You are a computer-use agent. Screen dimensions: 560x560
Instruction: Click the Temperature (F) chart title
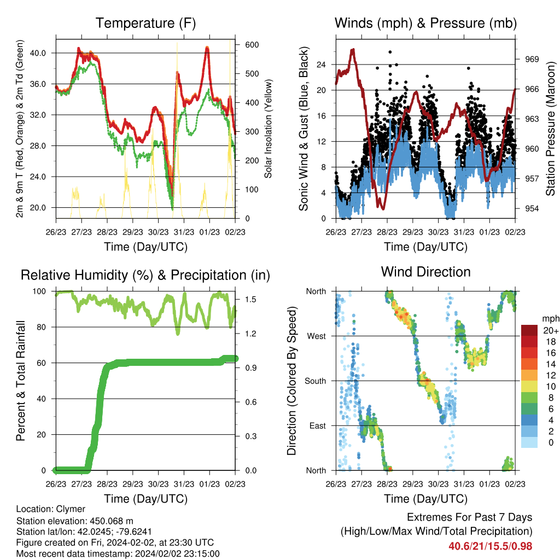click(145, 23)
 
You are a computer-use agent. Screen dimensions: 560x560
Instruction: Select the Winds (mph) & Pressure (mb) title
click(425, 23)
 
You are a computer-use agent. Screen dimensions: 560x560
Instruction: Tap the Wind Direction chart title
click(425, 272)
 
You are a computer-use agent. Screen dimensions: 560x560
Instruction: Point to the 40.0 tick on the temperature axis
click(38, 53)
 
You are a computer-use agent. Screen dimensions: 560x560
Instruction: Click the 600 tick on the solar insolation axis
click(252, 45)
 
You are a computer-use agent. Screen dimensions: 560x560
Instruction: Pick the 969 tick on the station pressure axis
click(532, 59)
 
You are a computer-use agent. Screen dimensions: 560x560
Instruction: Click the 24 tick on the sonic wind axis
click(321, 65)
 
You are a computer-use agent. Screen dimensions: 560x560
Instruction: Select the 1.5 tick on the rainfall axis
click(250, 299)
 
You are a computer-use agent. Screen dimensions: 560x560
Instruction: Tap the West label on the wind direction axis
click(317, 336)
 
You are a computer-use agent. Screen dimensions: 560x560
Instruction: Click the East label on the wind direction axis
click(318, 425)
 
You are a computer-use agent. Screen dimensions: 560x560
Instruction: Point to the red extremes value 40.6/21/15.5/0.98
click(491, 546)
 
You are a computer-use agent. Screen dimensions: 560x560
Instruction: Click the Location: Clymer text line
click(51, 509)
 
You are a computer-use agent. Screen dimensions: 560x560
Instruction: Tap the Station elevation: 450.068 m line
click(74, 521)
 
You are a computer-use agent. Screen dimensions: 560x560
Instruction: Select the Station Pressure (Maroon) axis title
click(550, 129)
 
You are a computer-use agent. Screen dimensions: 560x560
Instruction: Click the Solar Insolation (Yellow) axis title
click(268, 129)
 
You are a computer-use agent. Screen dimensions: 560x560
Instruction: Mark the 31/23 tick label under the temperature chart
click(184, 232)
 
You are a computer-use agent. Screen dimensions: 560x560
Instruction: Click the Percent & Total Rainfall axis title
click(21, 381)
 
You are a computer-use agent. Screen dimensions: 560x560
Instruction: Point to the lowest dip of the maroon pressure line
click(383, 208)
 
